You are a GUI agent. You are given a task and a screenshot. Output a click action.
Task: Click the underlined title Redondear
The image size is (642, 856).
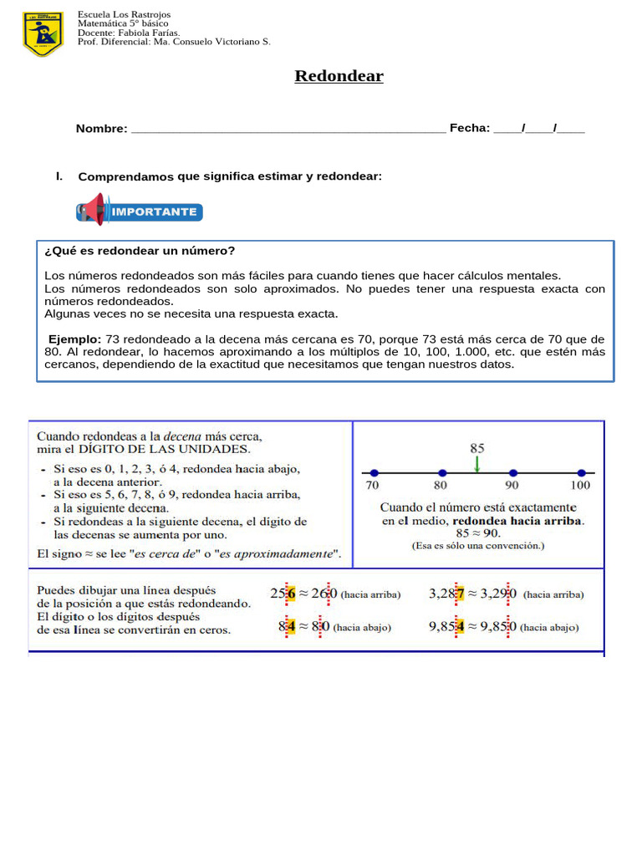click(339, 76)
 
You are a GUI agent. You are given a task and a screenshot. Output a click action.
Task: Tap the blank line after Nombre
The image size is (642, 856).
click(288, 129)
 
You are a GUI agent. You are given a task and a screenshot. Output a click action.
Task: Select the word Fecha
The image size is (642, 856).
click(468, 128)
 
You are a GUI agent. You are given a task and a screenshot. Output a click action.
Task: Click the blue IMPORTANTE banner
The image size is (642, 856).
click(140, 211)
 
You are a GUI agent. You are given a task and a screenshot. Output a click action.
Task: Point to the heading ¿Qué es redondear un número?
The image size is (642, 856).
click(140, 251)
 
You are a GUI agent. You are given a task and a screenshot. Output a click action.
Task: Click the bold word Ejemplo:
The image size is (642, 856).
click(74, 339)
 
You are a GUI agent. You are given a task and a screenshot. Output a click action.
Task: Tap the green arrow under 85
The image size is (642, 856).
click(476, 462)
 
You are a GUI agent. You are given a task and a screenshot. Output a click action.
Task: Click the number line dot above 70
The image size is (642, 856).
click(373, 472)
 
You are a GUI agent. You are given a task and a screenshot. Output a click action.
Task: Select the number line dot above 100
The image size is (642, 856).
click(581, 472)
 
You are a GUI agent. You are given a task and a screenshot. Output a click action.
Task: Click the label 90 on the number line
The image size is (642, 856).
click(511, 485)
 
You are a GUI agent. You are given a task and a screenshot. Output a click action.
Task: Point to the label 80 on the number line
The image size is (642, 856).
click(441, 485)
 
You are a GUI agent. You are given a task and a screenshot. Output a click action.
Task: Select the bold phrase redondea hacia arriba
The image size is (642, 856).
click(517, 520)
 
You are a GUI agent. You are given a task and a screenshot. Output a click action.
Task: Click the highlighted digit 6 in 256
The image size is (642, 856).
click(291, 594)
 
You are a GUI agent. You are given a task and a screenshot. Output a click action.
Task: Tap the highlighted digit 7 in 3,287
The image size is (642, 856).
click(459, 594)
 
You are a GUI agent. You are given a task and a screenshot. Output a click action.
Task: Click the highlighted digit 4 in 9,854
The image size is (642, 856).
click(459, 627)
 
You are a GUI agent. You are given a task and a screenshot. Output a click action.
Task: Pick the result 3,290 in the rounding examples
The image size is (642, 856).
click(498, 594)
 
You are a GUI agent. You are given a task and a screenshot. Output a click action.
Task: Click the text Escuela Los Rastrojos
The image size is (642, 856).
click(123, 15)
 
